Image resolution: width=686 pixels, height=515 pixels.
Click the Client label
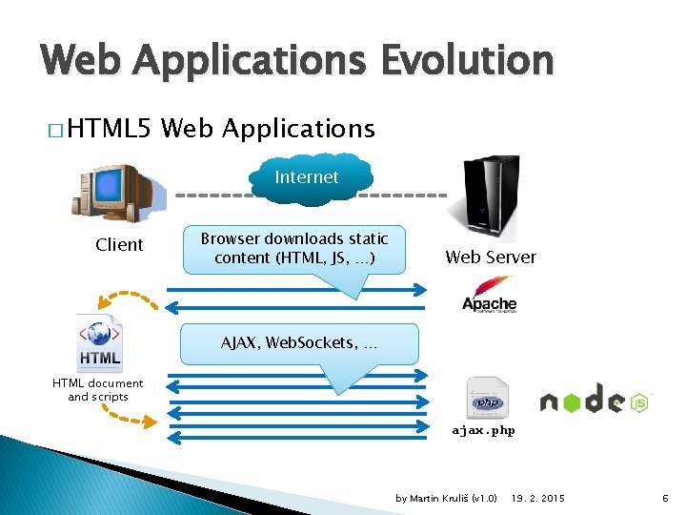click(119, 245)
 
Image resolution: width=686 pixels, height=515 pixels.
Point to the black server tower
click(488, 197)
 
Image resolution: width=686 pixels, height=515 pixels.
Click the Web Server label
click(491, 257)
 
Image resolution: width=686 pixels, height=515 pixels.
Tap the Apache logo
click(490, 295)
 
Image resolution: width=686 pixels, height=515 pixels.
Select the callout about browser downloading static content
click(294, 250)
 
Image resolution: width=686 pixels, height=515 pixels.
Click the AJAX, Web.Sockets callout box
click(299, 342)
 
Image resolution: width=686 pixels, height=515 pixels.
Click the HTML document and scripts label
click(98, 390)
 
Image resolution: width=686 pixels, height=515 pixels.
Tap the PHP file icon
click(487, 399)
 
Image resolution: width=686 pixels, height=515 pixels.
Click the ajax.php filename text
click(484, 430)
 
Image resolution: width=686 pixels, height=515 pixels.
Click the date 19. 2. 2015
click(538, 499)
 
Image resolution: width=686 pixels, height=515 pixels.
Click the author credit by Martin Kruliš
click(446, 499)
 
